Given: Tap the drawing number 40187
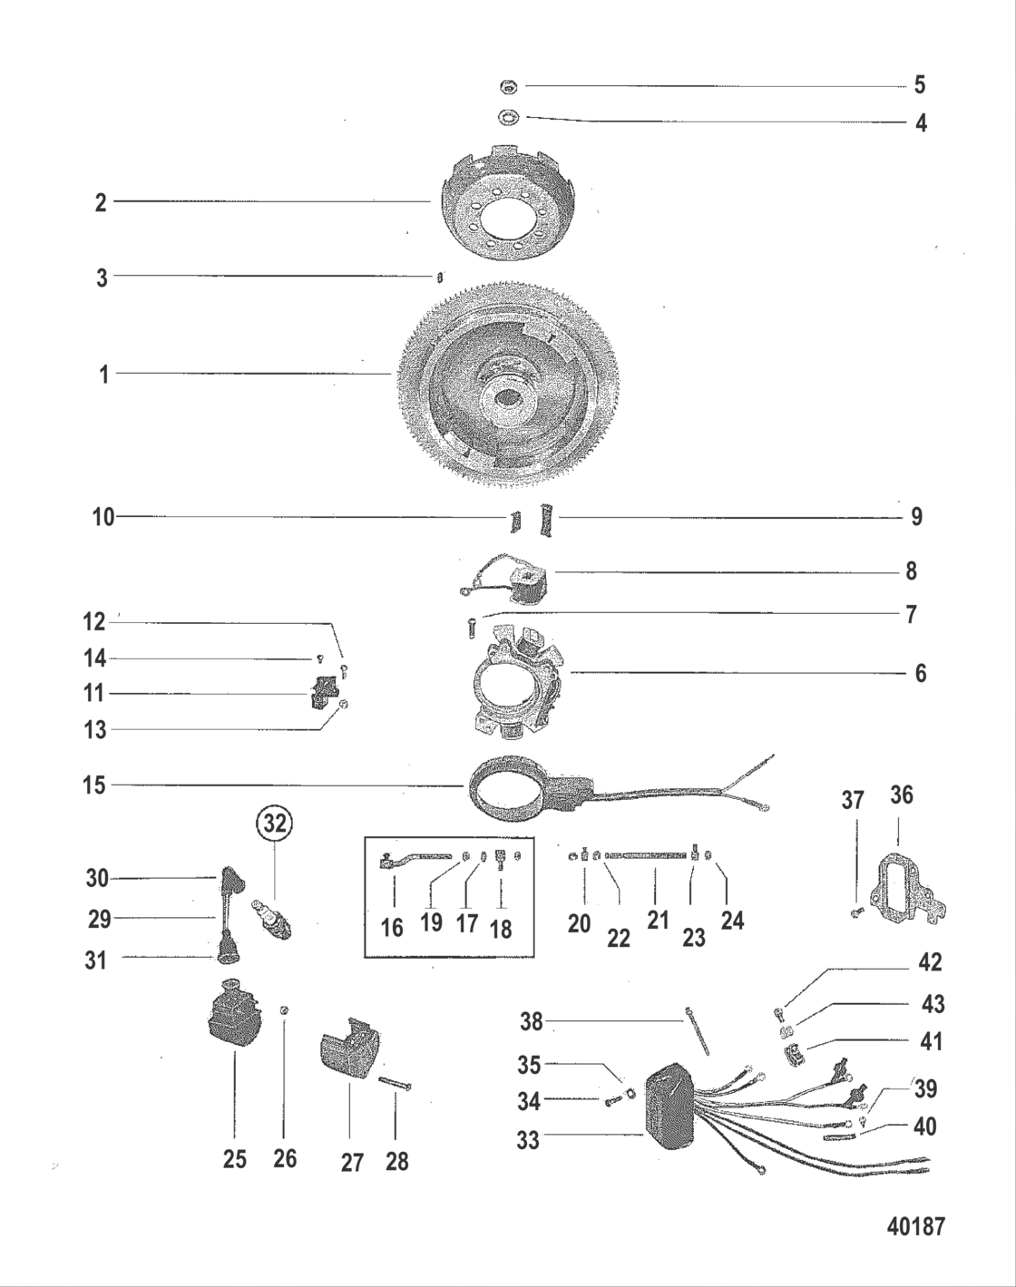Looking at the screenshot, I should click(914, 1226).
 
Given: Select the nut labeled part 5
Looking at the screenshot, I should click(508, 86).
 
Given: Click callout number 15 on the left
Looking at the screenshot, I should click(95, 785).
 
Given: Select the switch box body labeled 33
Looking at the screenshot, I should click(669, 1107).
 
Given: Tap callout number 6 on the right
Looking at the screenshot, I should click(920, 673).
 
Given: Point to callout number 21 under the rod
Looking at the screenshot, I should click(658, 919).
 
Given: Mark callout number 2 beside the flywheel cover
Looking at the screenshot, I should click(101, 202).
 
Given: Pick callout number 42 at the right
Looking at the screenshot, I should click(929, 962).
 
